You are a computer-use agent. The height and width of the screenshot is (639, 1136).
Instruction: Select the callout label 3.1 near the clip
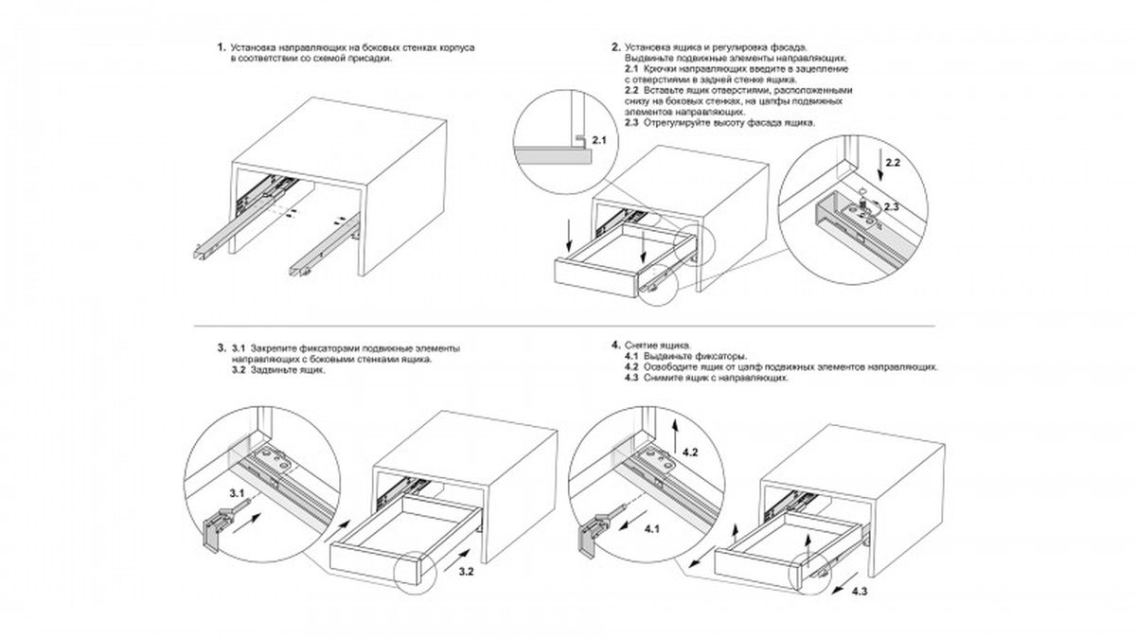pos(236,493)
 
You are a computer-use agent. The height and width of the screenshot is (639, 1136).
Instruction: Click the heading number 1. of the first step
pos(221,46)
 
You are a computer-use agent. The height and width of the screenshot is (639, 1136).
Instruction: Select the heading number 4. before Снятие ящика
pos(616,345)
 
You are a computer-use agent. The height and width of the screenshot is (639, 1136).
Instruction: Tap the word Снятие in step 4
pos(639,345)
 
